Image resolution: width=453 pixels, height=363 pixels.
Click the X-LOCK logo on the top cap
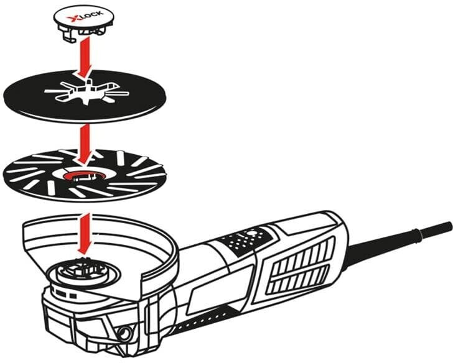(x=85, y=17)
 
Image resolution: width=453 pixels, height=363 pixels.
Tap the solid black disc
(x=85, y=96)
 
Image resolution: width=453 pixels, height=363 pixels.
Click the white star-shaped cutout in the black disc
(x=86, y=92)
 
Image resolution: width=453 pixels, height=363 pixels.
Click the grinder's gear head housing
(x=86, y=318)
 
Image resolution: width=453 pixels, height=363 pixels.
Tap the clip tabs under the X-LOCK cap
(x=82, y=32)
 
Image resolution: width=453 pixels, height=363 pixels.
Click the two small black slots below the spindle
(x=66, y=294)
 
